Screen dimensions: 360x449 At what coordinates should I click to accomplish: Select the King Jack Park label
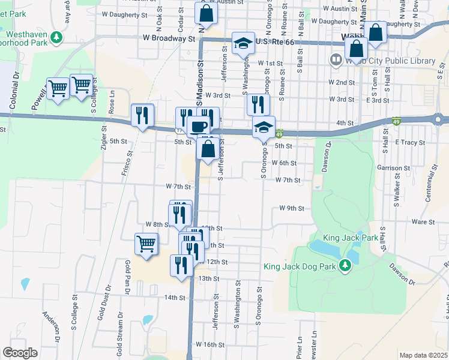[351, 238]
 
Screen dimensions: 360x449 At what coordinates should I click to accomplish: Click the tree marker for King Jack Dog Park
[345, 265]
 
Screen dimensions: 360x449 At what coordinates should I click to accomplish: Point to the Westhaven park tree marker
[57, 38]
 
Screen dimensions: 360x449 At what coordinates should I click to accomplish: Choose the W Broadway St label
[169, 38]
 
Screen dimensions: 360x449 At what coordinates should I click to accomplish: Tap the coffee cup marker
[199, 126]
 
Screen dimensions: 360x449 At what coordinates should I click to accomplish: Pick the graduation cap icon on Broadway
[243, 43]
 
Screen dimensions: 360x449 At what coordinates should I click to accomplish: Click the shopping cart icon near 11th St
[146, 244]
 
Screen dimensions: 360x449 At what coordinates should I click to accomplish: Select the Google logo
[20, 353]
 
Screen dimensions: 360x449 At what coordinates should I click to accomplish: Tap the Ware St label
[423, 222]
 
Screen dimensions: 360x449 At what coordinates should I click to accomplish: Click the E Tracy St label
[410, 143]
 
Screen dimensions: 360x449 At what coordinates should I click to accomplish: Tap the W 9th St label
[292, 209]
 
